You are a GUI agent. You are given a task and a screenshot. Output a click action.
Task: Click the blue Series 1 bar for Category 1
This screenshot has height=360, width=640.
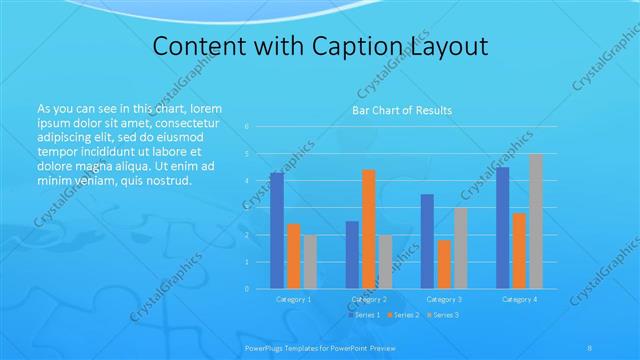pos(277,230)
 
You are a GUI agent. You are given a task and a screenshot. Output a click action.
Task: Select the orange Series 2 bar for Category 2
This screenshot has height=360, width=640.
pos(368,229)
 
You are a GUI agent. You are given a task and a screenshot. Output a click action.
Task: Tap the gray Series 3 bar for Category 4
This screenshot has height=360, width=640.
pos(535,221)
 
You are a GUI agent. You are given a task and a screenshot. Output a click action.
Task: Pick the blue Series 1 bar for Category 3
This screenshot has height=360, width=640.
pos(427,241)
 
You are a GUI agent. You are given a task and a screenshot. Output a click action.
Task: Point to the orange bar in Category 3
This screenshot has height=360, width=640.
pos(443,264)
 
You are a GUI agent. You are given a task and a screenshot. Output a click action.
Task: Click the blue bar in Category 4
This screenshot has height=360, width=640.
pos(502,227)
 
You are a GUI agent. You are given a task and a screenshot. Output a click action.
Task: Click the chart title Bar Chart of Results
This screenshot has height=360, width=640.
pos(402,110)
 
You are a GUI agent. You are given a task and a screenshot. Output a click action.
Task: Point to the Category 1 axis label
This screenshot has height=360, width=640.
pos(293,299)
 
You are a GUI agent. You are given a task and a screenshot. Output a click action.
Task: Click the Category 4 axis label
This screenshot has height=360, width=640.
pos(519,299)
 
